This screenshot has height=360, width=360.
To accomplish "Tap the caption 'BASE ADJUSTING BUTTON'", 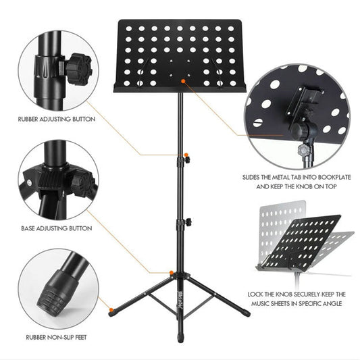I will (x=57, y=229).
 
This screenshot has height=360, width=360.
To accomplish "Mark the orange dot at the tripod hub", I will (x=172, y=272).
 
